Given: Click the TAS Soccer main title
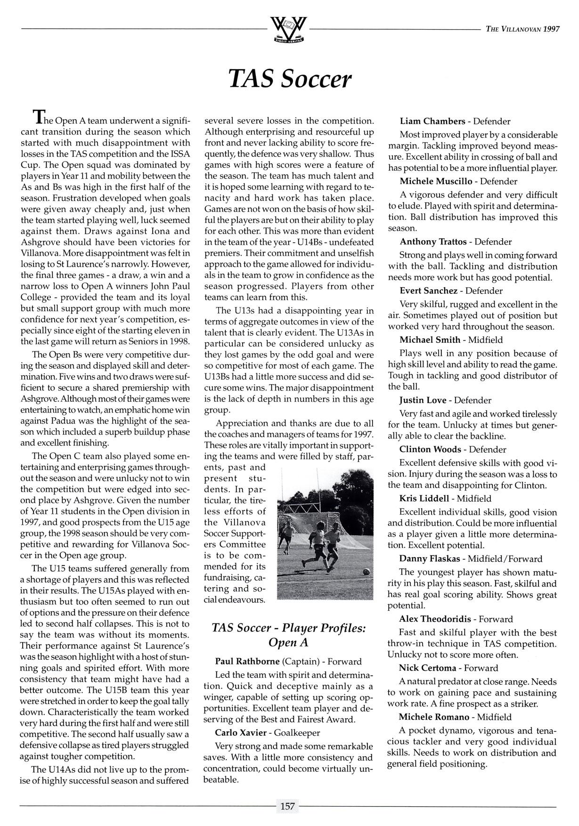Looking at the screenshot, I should (289, 79).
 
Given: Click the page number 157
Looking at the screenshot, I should (287, 806).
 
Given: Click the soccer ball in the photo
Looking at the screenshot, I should (366, 572).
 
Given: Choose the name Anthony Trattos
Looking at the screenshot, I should (432, 242).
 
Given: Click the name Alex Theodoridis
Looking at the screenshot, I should (436, 619).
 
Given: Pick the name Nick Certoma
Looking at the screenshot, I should (427, 668).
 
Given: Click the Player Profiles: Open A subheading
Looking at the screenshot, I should (289, 635).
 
